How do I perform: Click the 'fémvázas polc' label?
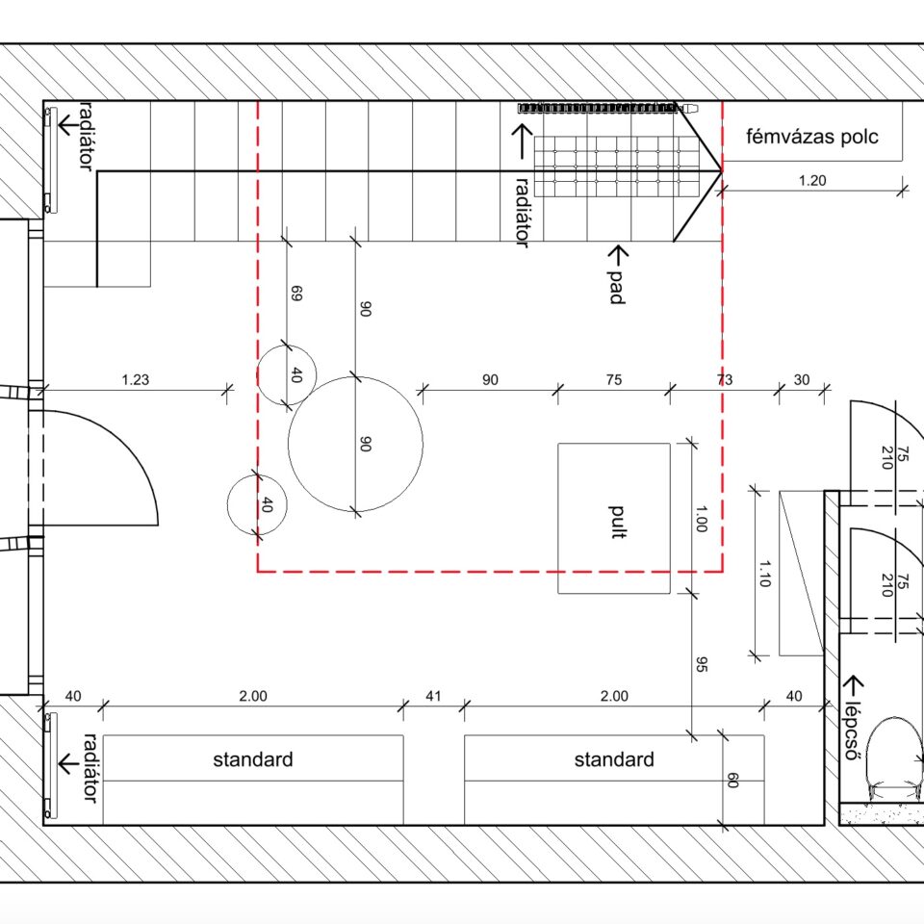click(812, 137)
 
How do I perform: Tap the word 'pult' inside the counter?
click(617, 522)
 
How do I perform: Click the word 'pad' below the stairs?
click(617, 287)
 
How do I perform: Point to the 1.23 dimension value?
click(136, 379)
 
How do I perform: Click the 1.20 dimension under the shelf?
click(812, 180)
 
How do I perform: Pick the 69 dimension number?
click(296, 293)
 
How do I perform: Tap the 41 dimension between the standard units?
click(433, 696)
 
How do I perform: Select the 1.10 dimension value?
click(764, 574)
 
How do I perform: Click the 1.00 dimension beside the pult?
click(702, 519)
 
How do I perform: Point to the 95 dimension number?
click(702, 664)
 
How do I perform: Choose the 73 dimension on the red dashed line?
click(725, 379)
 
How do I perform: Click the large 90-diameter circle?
click(355, 377)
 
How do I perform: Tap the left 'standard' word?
click(253, 759)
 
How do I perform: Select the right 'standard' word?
click(614, 759)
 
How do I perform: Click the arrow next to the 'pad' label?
click(618, 255)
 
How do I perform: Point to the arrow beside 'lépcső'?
click(854, 685)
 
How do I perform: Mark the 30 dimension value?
click(802, 379)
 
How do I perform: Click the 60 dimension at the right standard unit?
click(732, 781)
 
